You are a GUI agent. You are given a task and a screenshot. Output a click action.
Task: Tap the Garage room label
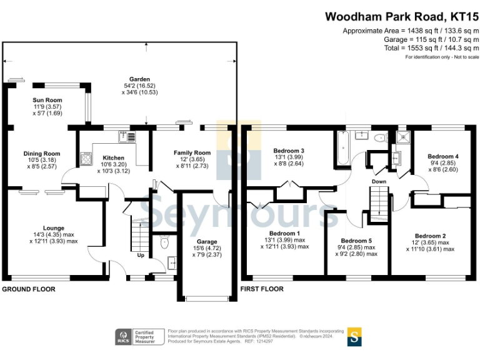click(207, 241)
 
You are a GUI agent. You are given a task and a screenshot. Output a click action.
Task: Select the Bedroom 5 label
click(356, 241)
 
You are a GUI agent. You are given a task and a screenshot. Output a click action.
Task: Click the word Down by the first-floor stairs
click(379, 182)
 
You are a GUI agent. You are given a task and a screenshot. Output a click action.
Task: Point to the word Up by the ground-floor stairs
click(141, 256)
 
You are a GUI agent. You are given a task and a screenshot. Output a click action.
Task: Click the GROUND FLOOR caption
click(28, 289)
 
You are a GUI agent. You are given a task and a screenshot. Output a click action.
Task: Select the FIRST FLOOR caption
click(262, 289)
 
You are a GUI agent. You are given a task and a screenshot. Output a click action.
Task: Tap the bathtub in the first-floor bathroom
click(342, 148)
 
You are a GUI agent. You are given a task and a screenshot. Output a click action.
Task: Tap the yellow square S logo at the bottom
click(355, 336)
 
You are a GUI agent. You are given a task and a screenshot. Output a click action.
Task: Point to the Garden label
click(139, 79)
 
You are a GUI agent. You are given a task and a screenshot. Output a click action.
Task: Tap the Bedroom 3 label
click(289, 151)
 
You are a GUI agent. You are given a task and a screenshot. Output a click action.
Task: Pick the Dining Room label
click(42, 154)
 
